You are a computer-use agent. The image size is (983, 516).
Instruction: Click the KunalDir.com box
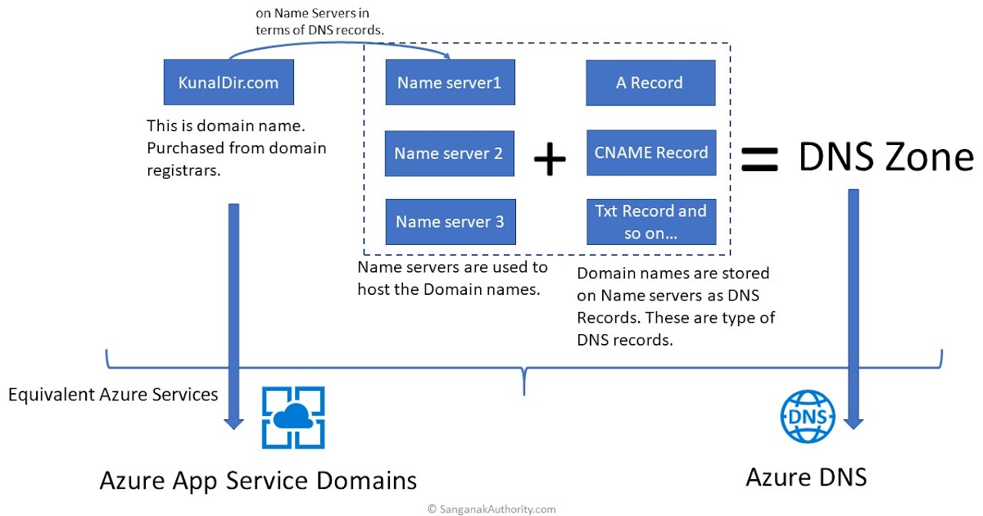229,82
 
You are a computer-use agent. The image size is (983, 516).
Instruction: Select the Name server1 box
450,82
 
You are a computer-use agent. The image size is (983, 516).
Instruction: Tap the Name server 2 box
449,153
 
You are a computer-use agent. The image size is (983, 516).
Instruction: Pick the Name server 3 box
450,221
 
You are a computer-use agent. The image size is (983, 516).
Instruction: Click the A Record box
650,82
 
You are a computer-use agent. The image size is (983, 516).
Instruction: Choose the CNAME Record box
650,152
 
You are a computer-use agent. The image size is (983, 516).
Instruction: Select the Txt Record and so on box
650,221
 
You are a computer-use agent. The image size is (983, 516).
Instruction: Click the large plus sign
550,160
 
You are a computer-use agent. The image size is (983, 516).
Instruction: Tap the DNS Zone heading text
886,157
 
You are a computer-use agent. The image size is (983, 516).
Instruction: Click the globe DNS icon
808,417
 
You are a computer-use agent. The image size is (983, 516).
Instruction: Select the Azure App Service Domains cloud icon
293,418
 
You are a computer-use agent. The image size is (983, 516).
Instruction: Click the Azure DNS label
806,477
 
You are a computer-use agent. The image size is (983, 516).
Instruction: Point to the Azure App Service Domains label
258,479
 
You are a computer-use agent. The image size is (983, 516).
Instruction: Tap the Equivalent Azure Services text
113,395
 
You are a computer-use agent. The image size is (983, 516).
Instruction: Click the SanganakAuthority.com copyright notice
491,509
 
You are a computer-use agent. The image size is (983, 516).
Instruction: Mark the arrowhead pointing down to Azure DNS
853,423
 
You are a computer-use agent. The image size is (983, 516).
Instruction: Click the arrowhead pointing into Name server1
449,57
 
